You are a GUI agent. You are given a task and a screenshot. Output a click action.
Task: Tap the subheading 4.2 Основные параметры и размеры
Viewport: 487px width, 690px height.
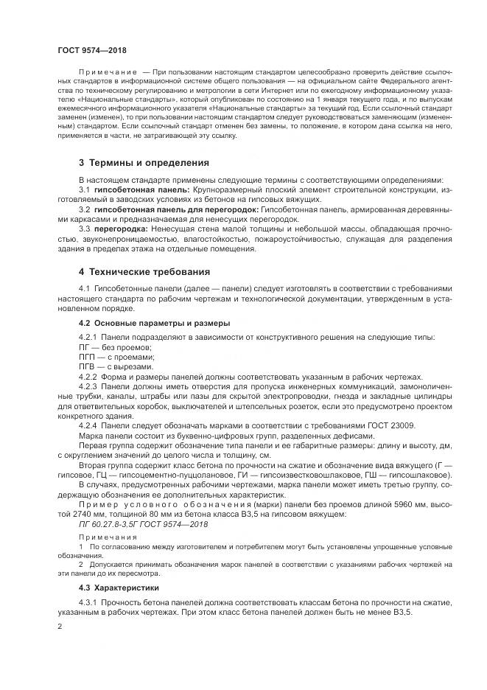click(154, 323)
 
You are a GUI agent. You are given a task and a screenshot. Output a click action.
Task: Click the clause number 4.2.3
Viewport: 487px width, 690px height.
click(88, 386)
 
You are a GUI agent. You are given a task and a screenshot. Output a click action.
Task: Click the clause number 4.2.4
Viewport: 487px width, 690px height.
click(88, 425)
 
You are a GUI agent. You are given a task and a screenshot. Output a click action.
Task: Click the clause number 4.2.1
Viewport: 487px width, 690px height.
click(88, 337)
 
